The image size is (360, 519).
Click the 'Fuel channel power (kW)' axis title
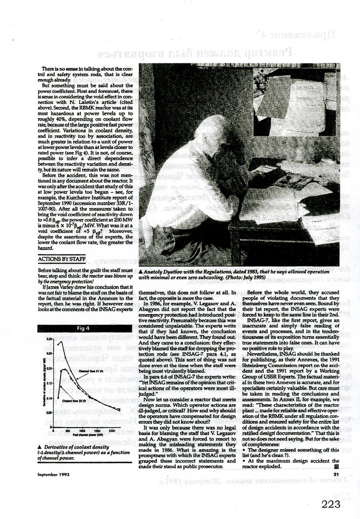(82, 435)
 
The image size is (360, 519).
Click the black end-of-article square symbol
(336, 466)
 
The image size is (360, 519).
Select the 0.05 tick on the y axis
(47, 413)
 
